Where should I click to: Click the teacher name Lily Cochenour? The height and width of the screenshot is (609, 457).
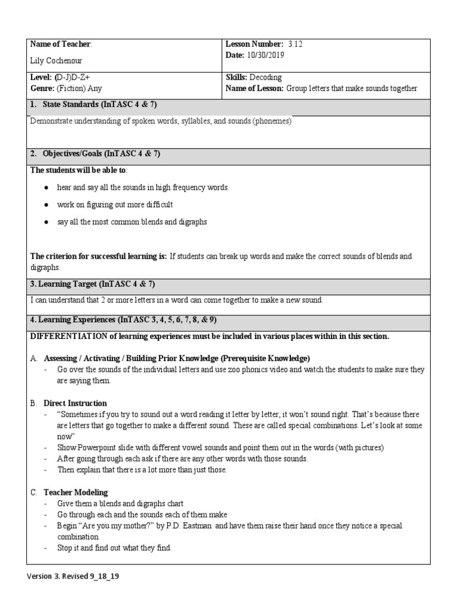click(56, 61)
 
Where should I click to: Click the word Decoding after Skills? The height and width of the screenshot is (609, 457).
click(265, 77)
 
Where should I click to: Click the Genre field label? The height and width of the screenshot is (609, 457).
click(42, 89)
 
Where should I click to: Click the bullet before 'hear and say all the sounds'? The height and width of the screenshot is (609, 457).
click(46, 187)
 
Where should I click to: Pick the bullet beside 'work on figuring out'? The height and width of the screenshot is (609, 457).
click(46, 205)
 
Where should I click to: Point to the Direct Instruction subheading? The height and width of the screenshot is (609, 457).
click(75, 403)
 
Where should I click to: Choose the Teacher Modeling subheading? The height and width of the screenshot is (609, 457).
click(76, 492)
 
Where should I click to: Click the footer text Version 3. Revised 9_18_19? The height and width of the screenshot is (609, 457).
click(77, 576)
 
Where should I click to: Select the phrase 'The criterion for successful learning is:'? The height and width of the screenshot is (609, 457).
click(98, 256)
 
